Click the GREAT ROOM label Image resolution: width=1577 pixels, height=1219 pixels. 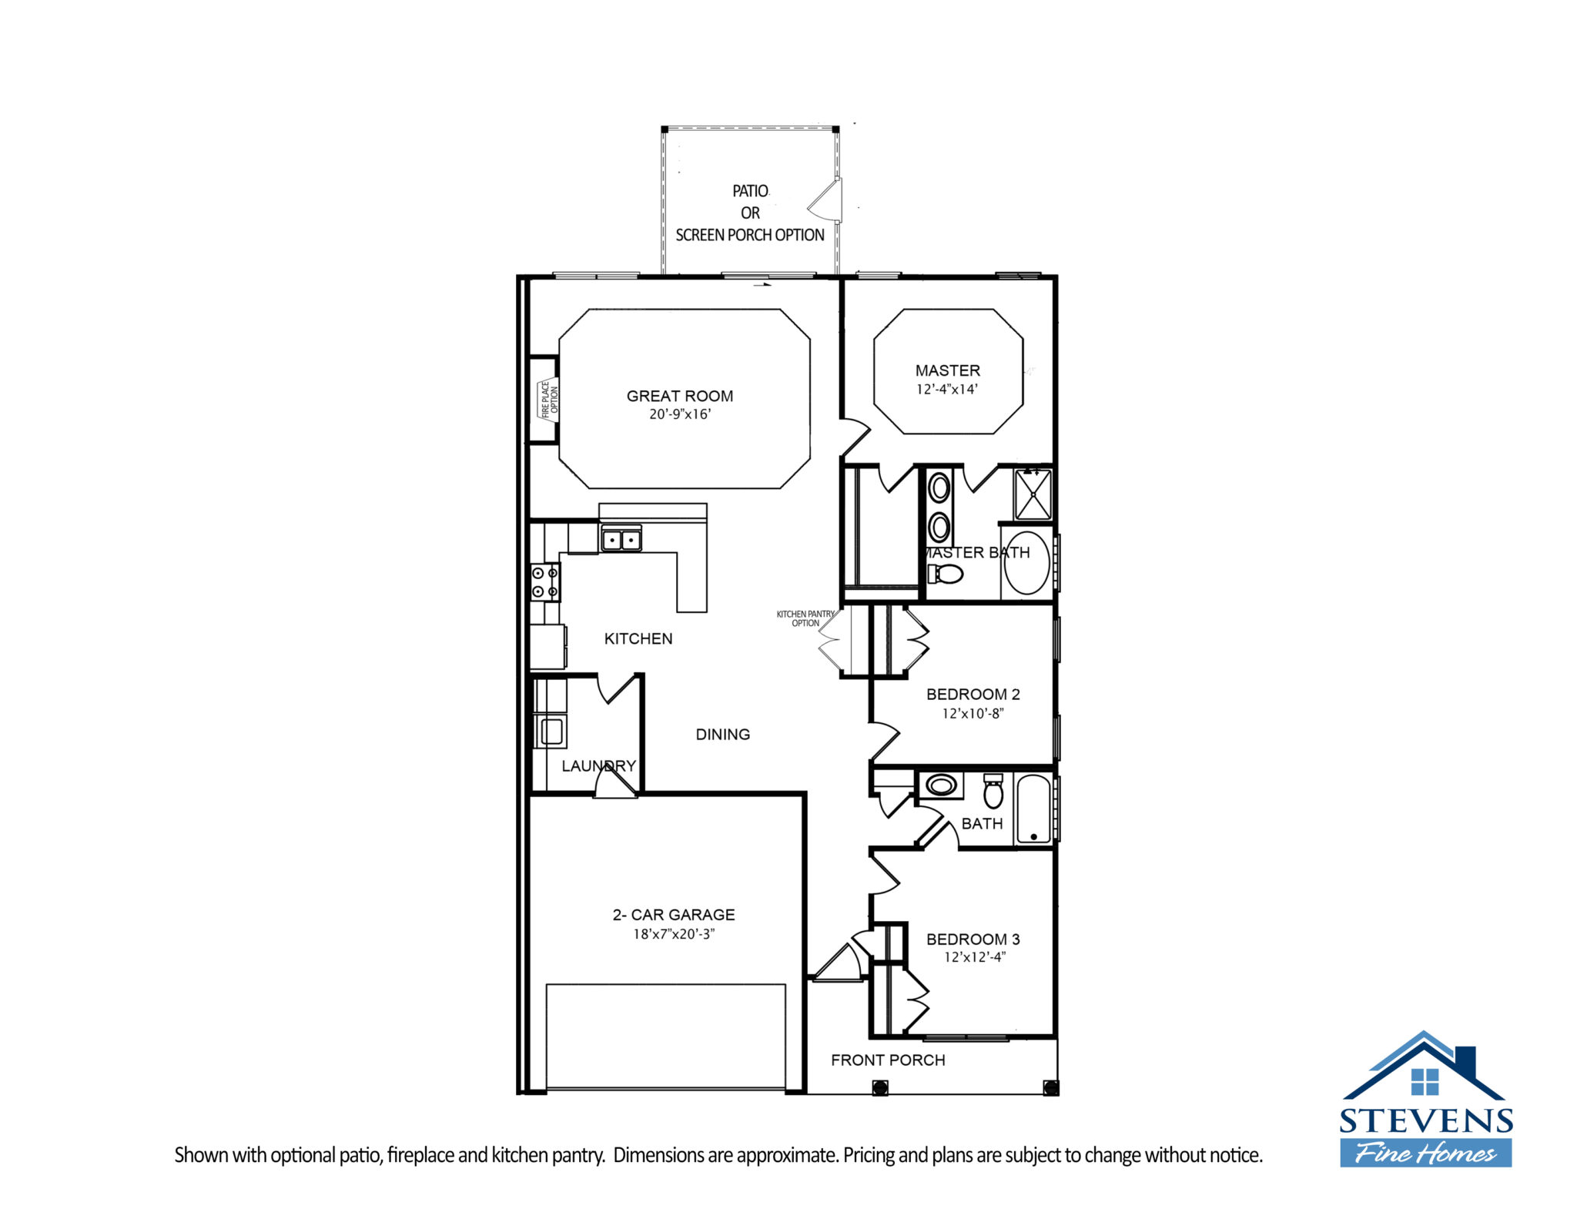(x=679, y=396)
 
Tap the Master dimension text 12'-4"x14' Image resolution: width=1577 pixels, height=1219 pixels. (x=946, y=390)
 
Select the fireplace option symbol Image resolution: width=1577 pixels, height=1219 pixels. (x=547, y=400)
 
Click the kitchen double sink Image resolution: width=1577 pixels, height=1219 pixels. (x=621, y=540)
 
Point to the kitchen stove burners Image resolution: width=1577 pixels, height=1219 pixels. (x=545, y=582)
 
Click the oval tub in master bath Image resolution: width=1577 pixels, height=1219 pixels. (x=1026, y=562)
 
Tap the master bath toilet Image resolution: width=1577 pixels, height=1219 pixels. (x=946, y=574)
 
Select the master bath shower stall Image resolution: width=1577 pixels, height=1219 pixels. (x=1033, y=494)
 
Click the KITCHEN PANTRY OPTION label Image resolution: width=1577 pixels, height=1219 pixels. (x=805, y=618)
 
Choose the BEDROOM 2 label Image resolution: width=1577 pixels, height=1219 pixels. (x=973, y=694)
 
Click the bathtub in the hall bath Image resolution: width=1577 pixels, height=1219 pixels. (x=1033, y=809)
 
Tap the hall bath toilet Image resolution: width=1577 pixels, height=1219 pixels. (x=993, y=791)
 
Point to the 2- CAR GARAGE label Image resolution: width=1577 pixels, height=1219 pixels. (x=674, y=915)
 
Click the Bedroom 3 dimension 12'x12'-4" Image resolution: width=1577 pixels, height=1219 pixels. (x=975, y=957)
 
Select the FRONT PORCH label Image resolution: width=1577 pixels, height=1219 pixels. (x=888, y=1060)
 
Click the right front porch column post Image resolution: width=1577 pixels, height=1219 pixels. (x=1050, y=1087)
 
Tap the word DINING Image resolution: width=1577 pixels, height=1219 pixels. (x=722, y=735)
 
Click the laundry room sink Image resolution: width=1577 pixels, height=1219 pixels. (x=551, y=731)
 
